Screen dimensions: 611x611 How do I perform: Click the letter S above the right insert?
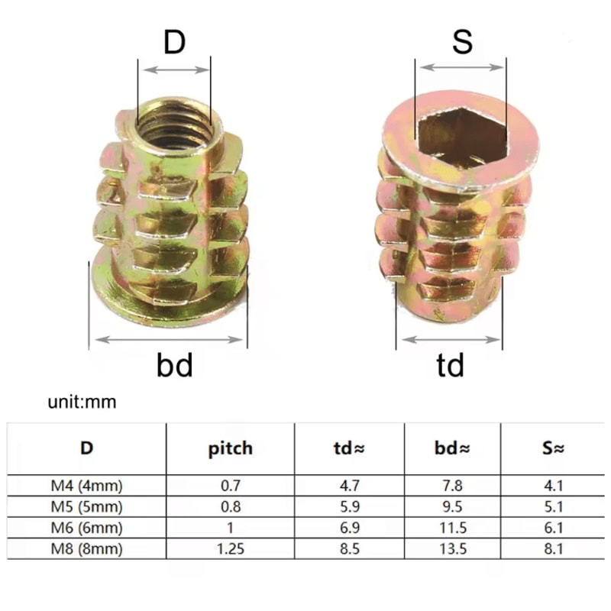pyautogui.click(x=463, y=41)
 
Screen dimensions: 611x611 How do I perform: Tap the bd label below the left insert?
pyautogui.click(x=175, y=365)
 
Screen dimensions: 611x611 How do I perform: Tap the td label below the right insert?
pyautogui.click(x=450, y=365)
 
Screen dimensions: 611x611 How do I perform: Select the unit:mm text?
pyautogui.click(x=82, y=402)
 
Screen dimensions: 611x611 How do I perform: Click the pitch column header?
pyautogui.click(x=231, y=449)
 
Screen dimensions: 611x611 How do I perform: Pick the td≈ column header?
pyautogui.click(x=349, y=448)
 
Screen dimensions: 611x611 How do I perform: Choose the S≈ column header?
pyautogui.click(x=553, y=448)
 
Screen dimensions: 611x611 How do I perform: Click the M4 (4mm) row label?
pyautogui.click(x=86, y=486)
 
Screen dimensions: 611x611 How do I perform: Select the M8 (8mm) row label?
pyautogui.click(x=86, y=548)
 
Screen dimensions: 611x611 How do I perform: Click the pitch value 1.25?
pyautogui.click(x=231, y=548)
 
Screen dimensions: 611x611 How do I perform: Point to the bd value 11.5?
pyautogui.click(x=453, y=528)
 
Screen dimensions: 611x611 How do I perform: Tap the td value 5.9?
pyautogui.click(x=350, y=506)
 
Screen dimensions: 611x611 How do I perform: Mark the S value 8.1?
pyautogui.click(x=553, y=548)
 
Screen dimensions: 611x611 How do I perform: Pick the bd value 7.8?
pyautogui.click(x=453, y=486)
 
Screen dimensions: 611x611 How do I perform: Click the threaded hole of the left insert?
pyautogui.click(x=174, y=125)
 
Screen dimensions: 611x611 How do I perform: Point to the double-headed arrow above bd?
pyautogui.click(x=169, y=340)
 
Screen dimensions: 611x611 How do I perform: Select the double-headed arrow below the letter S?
pyautogui.click(x=462, y=67)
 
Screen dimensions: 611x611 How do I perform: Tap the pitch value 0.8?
pyautogui.click(x=231, y=506)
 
